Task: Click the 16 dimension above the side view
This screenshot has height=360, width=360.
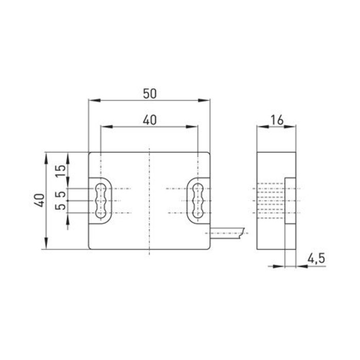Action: [276, 119]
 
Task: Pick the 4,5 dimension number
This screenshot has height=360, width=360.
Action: [317, 259]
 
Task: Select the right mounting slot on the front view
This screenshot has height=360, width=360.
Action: [197, 201]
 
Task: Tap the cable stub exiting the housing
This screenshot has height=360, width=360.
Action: [226, 234]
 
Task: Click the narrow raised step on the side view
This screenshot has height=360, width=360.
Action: [291, 201]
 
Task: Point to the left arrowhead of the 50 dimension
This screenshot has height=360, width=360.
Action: [92, 100]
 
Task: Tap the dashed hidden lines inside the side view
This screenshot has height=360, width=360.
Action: [270, 201]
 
